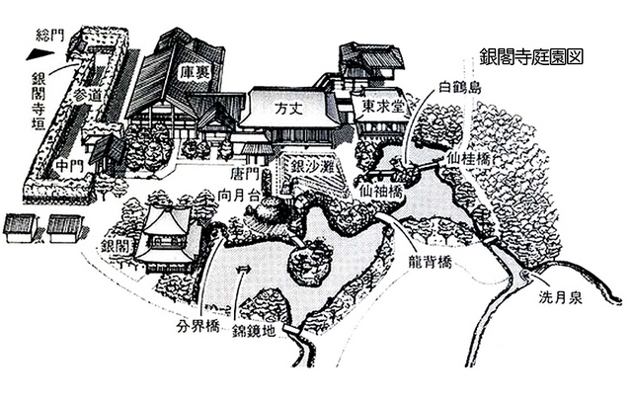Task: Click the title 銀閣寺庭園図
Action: [x=531, y=56]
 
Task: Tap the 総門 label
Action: [x=50, y=36]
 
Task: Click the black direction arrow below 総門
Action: [x=40, y=54]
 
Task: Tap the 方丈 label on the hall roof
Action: [x=288, y=108]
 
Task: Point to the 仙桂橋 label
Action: [x=469, y=160]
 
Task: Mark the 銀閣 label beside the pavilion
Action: [x=115, y=246]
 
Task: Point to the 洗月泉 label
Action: [x=561, y=297]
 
